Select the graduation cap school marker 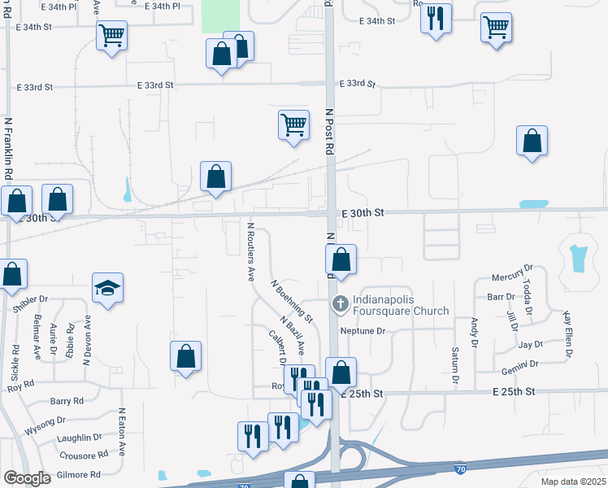tap(107, 289)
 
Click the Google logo tap(27, 478)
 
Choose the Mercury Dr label tap(512, 268)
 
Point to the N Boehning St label tap(293, 299)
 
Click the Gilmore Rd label tap(78, 474)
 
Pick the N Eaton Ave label tap(122, 432)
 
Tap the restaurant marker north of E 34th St tap(436, 17)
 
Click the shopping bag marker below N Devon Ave tap(186, 356)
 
